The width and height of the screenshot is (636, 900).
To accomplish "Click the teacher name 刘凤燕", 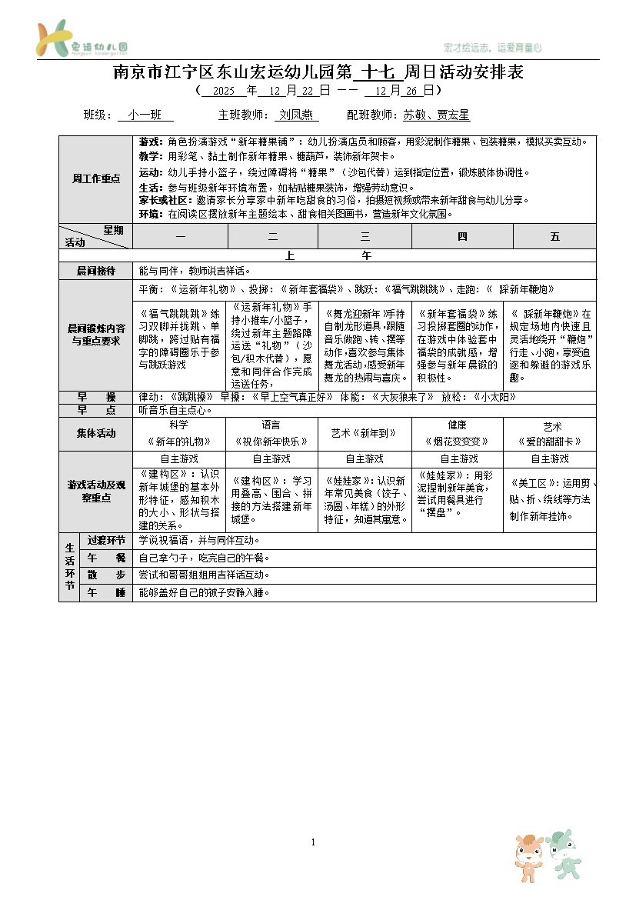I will click(x=296, y=115).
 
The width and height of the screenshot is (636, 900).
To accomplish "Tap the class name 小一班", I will click(x=145, y=115).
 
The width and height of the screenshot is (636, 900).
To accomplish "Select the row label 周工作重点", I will click(x=96, y=178).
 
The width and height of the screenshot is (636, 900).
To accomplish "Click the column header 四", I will click(x=462, y=237).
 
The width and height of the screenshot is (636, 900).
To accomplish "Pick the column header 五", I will click(x=554, y=237).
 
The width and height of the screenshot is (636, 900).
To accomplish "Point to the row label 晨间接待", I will click(x=96, y=271).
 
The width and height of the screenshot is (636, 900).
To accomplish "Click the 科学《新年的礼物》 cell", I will click(x=178, y=433).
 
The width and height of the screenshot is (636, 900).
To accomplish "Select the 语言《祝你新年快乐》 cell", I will click(x=271, y=433).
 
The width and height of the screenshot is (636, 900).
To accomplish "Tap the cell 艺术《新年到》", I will click(x=365, y=434).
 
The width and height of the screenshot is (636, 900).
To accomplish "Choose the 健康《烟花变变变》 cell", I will click(x=458, y=433).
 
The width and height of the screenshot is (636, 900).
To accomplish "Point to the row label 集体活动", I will click(x=96, y=433).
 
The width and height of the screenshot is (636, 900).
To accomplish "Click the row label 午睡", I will click(x=106, y=593).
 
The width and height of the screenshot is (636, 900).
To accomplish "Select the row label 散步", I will click(x=106, y=575).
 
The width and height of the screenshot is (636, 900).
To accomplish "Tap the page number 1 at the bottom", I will click(x=314, y=843).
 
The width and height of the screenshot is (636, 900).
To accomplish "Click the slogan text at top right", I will click(x=493, y=48).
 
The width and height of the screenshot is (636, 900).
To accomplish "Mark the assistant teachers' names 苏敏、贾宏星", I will click(x=436, y=115).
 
